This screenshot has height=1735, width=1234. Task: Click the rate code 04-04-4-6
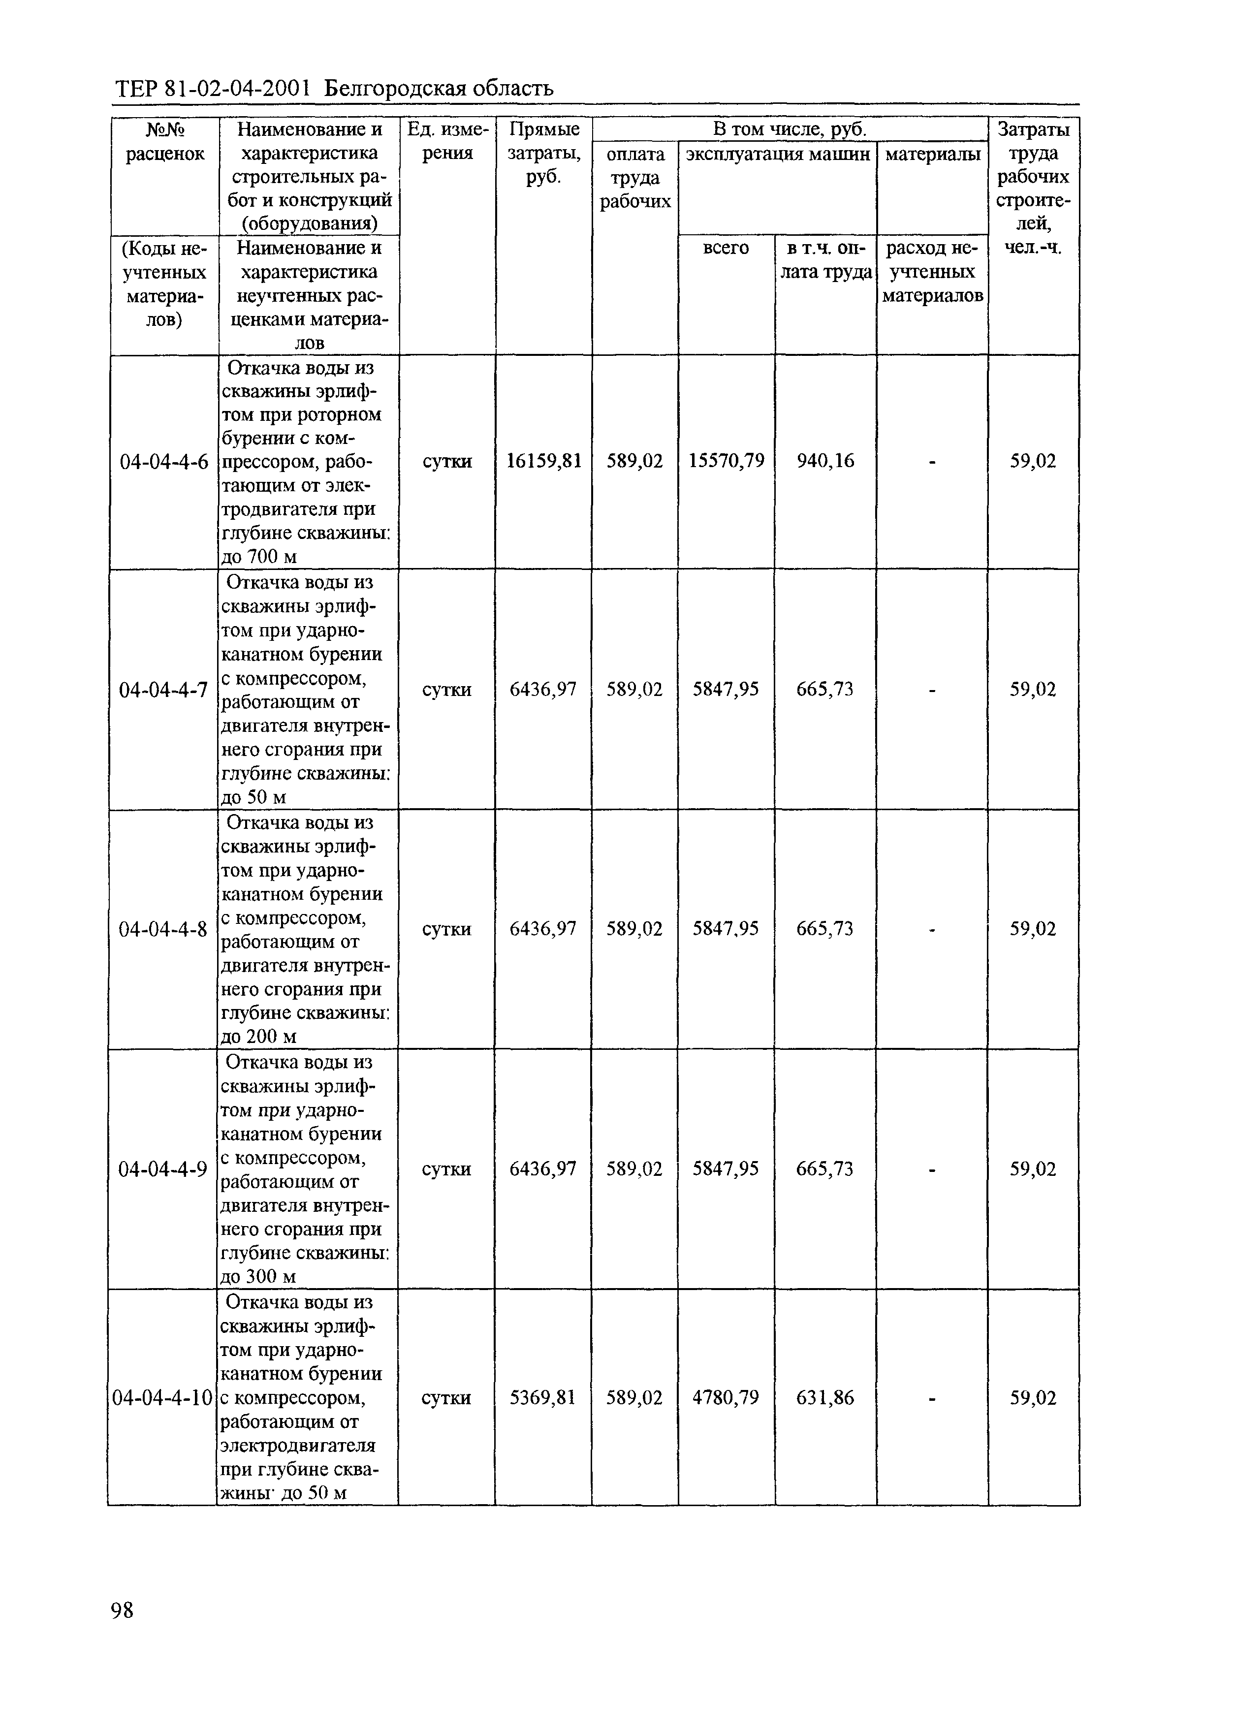click(x=164, y=461)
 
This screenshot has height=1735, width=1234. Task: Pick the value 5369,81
click(x=542, y=1398)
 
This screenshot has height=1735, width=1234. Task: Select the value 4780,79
click(x=726, y=1398)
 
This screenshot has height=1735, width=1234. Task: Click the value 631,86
click(x=825, y=1398)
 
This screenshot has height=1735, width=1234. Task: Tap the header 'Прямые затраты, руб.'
click(x=543, y=153)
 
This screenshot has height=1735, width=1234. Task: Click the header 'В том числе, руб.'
click(x=790, y=129)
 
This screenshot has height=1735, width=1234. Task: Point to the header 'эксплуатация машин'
click(x=777, y=154)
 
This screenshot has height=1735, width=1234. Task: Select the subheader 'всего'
click(x=726, y=249)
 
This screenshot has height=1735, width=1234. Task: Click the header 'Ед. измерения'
click(x=447, y=141)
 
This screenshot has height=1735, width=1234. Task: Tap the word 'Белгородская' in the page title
click(x=394, y=90)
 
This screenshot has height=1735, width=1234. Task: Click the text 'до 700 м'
click(x=258, y=557)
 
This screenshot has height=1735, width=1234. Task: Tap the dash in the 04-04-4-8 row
click(x=932, y=930)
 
